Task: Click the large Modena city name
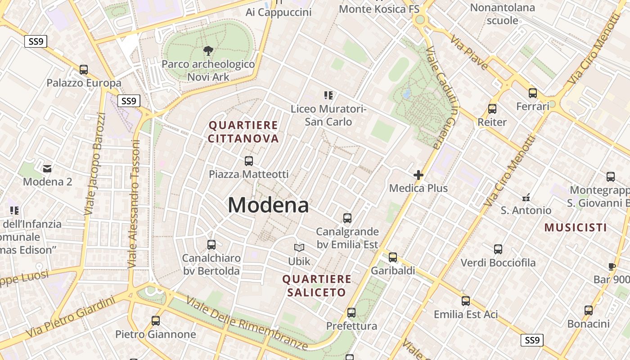click(x=268, y=205)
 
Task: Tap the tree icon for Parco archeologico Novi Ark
click(x=208, y=50)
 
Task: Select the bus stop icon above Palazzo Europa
click(x=84, y=70)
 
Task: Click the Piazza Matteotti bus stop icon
click(x=248, y=161)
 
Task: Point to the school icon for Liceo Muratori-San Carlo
click(x=328, y=95)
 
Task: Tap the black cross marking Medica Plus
click(x=418, y=175)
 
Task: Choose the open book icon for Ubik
click(x=299, y=247)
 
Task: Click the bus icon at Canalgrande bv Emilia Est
click(x=347, y=218)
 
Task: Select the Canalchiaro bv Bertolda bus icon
click(x=211, y=245)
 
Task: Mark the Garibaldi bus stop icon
click(x=393, y=257)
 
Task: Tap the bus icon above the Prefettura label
click(x=351, y=312)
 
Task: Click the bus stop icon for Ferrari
click(x=533, y=93)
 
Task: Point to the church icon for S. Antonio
click(x=526, y=197)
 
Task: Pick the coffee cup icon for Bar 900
click(x=612, y=266)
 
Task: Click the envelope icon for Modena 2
click(x=47, y=169)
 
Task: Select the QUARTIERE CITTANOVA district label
click(x=243, y=131)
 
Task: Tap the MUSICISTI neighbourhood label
click(x=576, y=227)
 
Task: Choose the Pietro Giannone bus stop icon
click(x=156, y=321)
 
